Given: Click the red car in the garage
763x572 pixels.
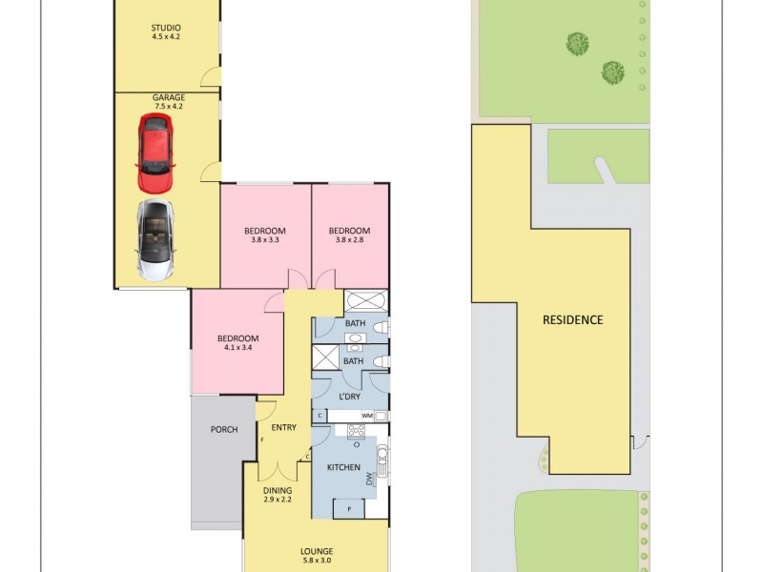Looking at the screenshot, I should (157, 153).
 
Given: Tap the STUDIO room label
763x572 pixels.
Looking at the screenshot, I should (166, 28).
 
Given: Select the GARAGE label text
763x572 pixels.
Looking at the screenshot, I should (168, 97).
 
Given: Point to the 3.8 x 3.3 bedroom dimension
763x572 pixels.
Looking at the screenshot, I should (265, 240).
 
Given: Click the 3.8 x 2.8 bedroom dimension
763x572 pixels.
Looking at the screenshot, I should (349, 240).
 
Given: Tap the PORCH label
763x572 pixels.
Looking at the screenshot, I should (224, 429).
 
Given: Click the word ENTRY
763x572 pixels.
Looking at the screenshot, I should (283, 427).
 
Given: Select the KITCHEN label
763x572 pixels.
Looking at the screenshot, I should (343, 467).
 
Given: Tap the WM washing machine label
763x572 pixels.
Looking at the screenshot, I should (366, 416).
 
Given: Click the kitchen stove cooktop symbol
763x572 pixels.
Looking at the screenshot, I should (357, 431).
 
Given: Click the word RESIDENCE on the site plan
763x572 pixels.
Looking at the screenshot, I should (573, 319).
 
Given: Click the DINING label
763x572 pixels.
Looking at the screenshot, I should (278, 490).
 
